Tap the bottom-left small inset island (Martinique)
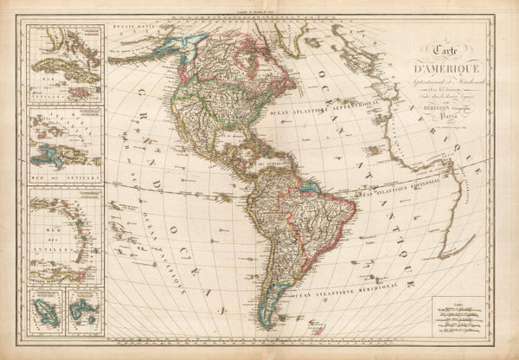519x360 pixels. [43, 309]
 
